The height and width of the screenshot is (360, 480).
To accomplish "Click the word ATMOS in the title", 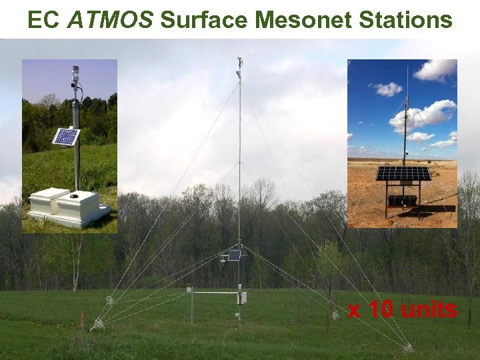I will tap(111, 20).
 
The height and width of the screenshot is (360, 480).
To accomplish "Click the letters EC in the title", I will tap(43, 20).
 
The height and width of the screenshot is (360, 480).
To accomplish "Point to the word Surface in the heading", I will tap(204, 20).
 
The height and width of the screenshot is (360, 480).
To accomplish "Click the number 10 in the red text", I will tap(381, 309).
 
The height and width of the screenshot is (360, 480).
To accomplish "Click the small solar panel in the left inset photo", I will tap(66, 136).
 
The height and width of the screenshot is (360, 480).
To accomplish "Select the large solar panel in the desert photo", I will tap(403, 173).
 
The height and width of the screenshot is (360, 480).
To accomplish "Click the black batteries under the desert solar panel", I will tap(403, 199).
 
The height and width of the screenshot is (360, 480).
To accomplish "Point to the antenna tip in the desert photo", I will tap(407, 67).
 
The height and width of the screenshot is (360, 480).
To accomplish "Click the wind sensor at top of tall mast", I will tap(239, 65).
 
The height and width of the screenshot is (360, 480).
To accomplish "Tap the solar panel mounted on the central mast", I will tap(234, 255).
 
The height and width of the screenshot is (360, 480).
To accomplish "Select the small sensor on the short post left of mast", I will tap(189, 289).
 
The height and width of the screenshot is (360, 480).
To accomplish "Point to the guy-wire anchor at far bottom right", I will tap(407, 347).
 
